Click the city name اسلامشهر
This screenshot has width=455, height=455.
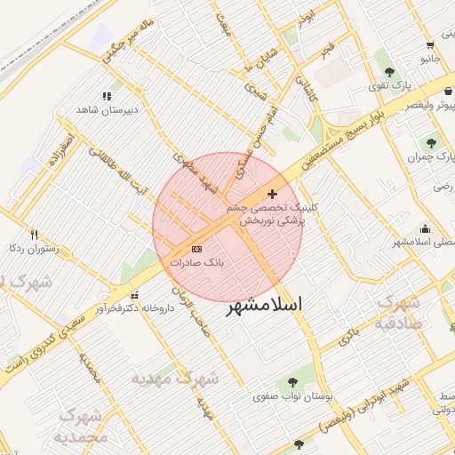point(265,305)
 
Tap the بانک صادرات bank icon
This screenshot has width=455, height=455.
point(196,250)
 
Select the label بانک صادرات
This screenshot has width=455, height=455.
point(196,264)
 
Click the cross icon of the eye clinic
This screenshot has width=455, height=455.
point(272,194)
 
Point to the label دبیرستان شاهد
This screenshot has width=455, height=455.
point(108,110)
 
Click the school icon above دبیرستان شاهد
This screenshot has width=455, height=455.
point(108,96)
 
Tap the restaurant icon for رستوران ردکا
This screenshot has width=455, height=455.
point(35,235)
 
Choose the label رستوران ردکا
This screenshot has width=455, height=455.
point(33,250)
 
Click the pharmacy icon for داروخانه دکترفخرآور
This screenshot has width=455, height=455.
point(134,295)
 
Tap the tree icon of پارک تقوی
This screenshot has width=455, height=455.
point(388,71)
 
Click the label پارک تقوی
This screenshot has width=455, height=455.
point(388,86)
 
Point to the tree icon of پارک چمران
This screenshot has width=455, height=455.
point(431,142)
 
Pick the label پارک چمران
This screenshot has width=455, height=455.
point(425,157)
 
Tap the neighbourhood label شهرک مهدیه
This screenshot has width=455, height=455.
point(175,379)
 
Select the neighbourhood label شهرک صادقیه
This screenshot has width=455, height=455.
point(397,312)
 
